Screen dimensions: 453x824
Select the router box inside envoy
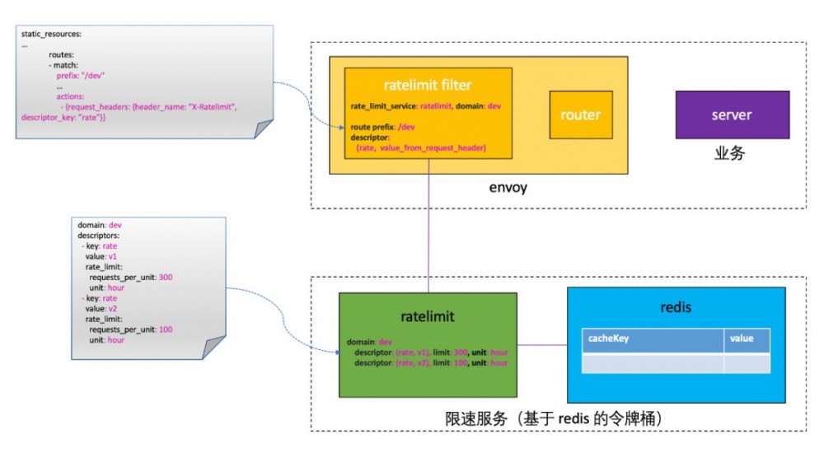pyautogui.click(x=580, y=115)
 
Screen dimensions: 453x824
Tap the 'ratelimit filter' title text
pyautogui.click(x=428, y=86)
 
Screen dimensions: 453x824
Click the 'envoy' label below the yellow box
pyautogui.click(x=508, y=189)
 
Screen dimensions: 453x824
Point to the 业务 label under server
pyautogui.click(x=729, y=153)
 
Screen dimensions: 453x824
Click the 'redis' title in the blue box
pyautogui.click(x=676, y=307)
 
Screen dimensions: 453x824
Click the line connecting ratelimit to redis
pyautogui.click(x=542, y=345)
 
